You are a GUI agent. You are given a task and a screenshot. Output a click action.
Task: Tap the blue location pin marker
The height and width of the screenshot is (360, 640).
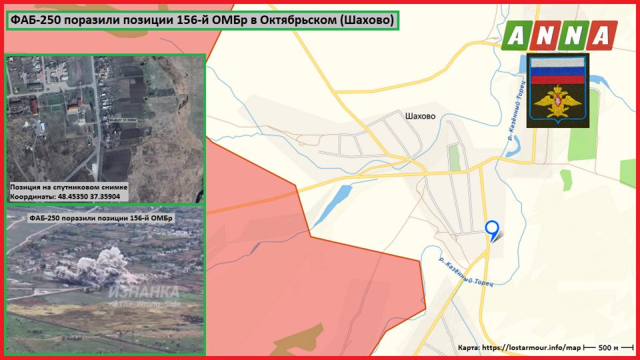point(492,229)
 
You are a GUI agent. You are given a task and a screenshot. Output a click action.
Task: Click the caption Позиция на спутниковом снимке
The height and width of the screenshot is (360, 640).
point(69,188)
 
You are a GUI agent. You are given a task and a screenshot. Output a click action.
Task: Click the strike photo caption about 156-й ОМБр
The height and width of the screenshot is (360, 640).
point(101,219)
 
